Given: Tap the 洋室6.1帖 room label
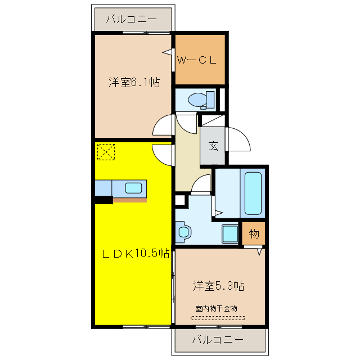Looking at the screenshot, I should tap(134, 83).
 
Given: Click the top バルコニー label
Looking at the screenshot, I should tap(132, 20).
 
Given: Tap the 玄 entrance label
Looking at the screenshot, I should tap(214, 146).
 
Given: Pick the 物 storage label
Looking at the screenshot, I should tap(253, 233).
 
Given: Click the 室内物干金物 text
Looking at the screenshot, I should tap(217, 309).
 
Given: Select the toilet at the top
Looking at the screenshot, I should tap(199, 100).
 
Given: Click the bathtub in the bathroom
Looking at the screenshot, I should tap(254, 193).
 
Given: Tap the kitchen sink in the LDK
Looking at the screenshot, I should tap(134, 187).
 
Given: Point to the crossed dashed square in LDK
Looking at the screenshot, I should tap(106, 151).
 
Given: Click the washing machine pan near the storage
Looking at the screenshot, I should tap(230, 233).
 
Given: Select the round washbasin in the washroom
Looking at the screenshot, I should tap(183, 231).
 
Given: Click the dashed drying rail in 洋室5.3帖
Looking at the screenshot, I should tap(217, 318).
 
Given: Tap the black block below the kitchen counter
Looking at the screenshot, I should tap(103, 199).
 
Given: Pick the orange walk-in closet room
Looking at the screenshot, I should tap(200, 59).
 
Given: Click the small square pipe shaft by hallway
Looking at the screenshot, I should tap(180, 200).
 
